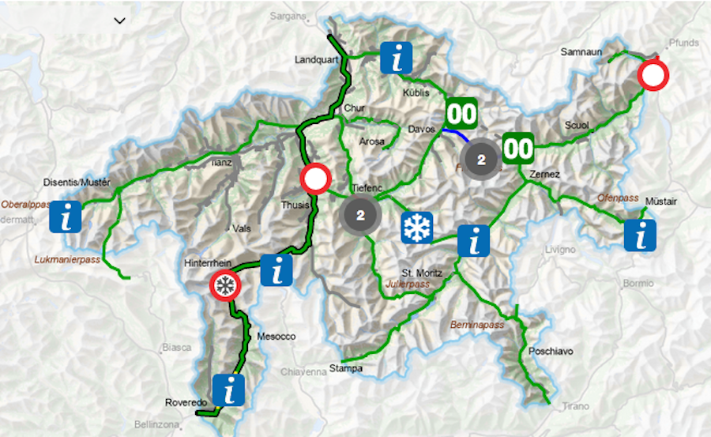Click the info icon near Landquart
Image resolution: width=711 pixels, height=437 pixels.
pos(396,58)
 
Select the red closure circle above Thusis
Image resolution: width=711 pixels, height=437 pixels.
pos(315,179)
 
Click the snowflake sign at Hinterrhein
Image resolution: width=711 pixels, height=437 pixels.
pos(226,286)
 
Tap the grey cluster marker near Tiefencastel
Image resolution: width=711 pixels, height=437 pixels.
pos(361,214)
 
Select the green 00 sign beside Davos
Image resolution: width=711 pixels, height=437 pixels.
pos(462,113)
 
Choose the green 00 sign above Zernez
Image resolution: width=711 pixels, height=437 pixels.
pos(518,148)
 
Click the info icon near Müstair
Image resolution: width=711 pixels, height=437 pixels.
pos(639,235)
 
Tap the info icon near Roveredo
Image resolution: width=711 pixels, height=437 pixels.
pos(228,390)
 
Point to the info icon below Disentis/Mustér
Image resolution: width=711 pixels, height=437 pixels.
pos(66,217)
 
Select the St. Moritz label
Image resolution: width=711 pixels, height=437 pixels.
pos(421,273)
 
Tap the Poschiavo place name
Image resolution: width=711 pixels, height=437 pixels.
pos(551,351)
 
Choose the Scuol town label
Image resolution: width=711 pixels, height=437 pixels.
pos(576,126)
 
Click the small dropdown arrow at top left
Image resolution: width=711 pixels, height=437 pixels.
pos(120,21)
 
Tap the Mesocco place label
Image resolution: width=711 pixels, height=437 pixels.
pos(276,337)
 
